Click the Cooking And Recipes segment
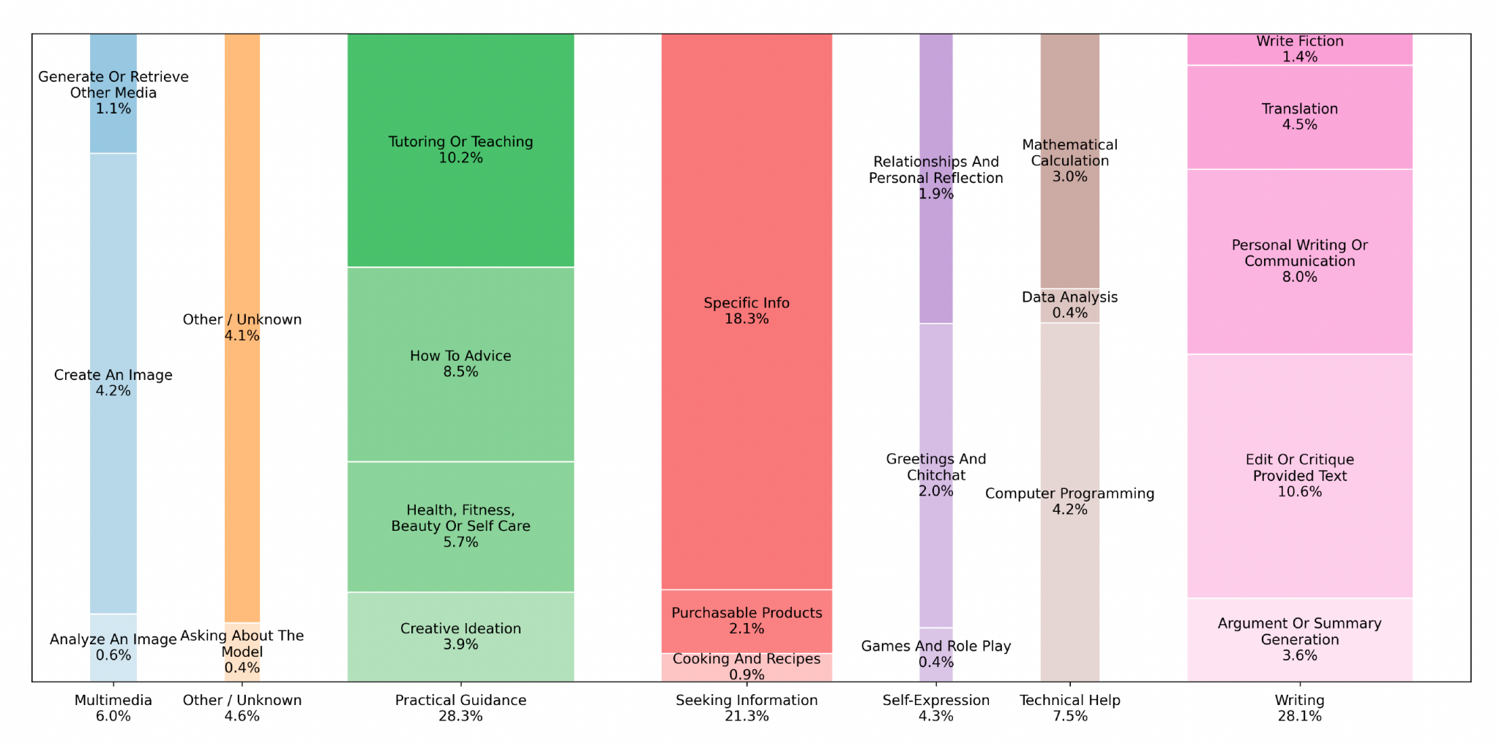pos(747,667)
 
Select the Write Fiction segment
pos(1299,49)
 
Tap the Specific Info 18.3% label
pos(747,311)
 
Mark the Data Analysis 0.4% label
pos(1069,305)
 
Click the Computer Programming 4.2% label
pos(1069,502)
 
